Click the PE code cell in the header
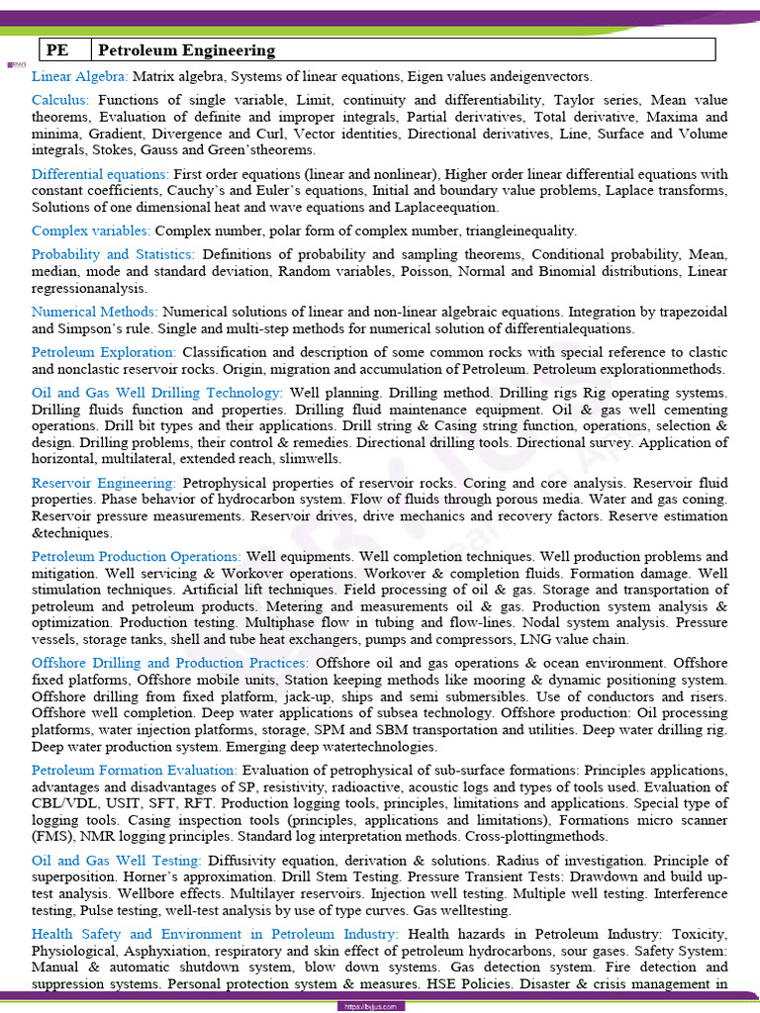(x=59, y=50)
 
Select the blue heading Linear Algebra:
(x=79, y=76)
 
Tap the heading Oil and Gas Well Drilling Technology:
(x=157, y=393)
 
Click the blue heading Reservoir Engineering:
(x=104, y=483)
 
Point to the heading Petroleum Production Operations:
(x=137, y=557)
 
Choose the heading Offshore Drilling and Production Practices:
(x=170, y=664)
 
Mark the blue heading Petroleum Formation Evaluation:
(x=135, y=770)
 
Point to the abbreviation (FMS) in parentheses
(x=49, y=837)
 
